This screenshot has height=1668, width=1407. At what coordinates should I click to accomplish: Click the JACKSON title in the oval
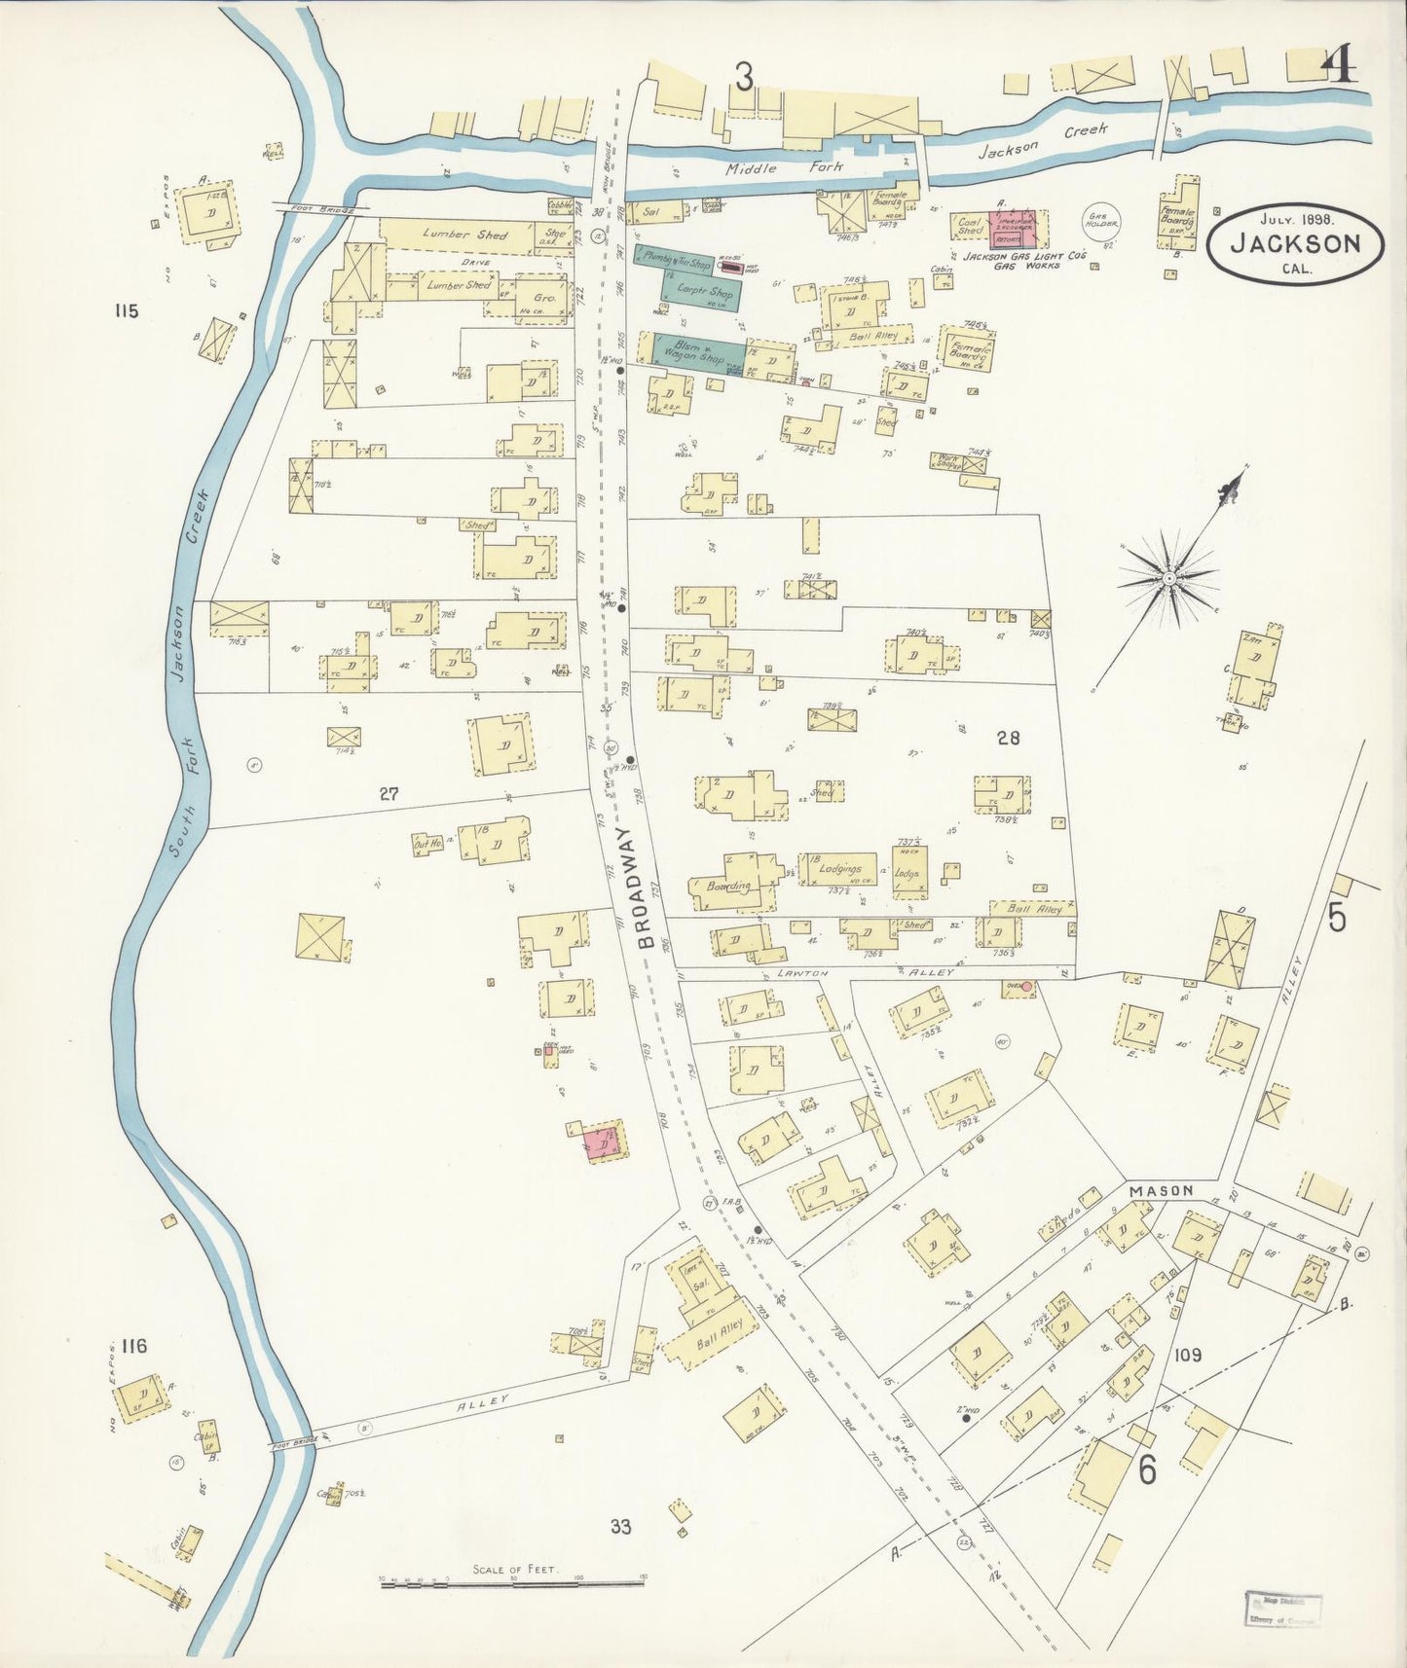(1294, 243)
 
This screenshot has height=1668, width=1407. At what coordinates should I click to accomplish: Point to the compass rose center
(1167, 580)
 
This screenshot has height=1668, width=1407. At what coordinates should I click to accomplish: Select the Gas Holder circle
(1103, 224)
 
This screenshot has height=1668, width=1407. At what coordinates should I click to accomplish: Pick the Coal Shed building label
(970, 227)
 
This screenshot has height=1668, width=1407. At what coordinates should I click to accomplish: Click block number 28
(1008, 738)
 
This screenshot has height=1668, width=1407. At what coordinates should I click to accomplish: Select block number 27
(389, 794)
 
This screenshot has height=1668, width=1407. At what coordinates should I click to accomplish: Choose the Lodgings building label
(839, 868)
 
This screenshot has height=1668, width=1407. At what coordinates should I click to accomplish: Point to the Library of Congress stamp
(1281, 1609)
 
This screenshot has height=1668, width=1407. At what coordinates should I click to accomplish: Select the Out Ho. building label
(427, 844)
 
